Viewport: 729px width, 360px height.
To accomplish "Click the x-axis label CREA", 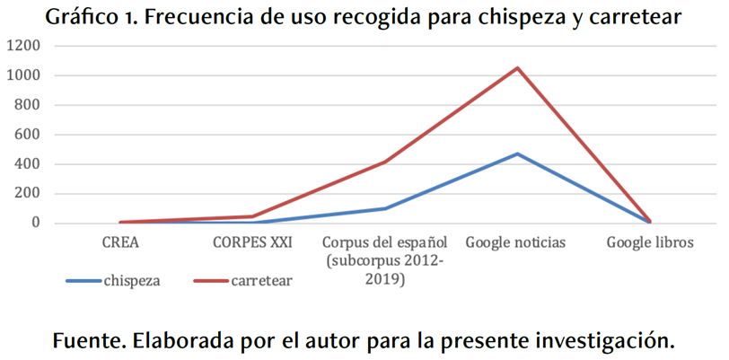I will point(120,242).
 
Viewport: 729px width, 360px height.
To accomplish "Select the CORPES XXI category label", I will point(252,242).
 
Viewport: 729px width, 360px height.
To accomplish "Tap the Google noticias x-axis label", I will point(515,242).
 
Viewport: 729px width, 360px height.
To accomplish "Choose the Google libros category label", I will point(648,242).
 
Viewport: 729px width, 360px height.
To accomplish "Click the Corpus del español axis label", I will point(384,242).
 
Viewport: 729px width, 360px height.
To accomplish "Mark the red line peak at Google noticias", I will point(517,68).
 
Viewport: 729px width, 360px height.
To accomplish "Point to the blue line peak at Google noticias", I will point(517,154).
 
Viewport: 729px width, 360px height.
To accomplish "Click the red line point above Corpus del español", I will point(385,162).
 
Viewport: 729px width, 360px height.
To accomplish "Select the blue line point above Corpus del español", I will point(385,208).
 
